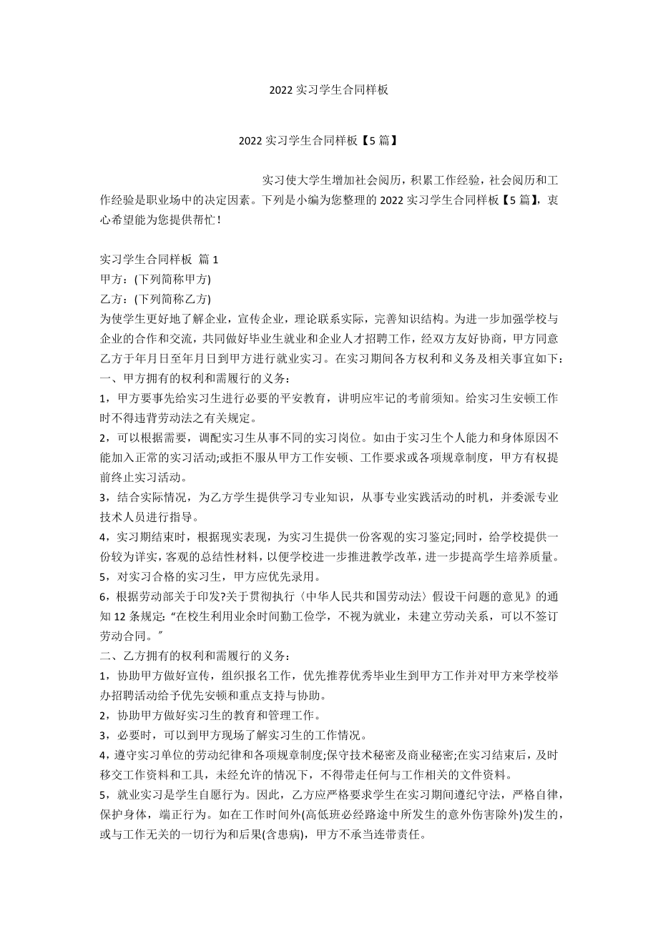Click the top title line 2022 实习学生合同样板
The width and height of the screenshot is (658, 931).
pyautogui.click(x=329, y=90)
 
